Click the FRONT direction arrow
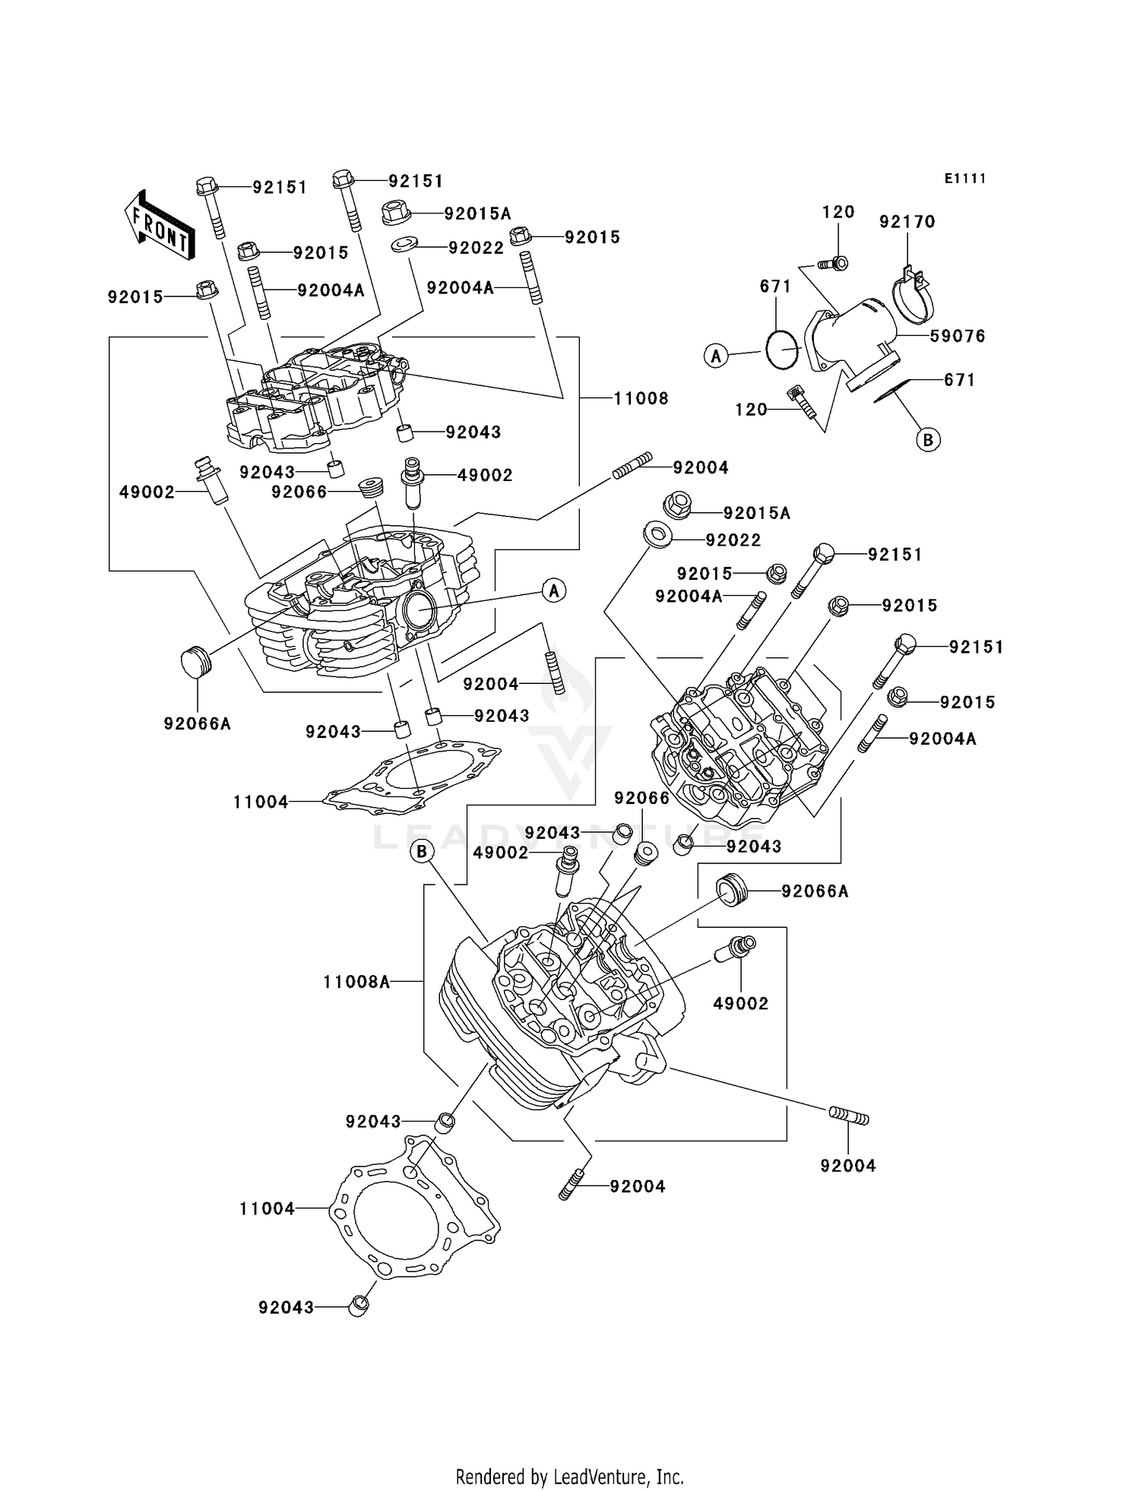coord(159,226)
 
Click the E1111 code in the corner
coord(964,179)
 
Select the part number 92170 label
coord(907,222)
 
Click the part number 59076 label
coord(958,336)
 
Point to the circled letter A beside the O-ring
coord(716,355)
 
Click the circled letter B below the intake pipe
coord(928,439)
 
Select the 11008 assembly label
coord(641,398)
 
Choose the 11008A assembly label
coord(356,982)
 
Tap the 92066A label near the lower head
coord(815,891)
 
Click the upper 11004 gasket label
coord(261,802)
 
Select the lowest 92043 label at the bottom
coord(286,1307)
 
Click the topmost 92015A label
coord(477,214)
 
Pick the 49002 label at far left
coord(147,492)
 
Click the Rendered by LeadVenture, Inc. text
coord(569,1477)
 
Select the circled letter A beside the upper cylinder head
coord(554,590)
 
